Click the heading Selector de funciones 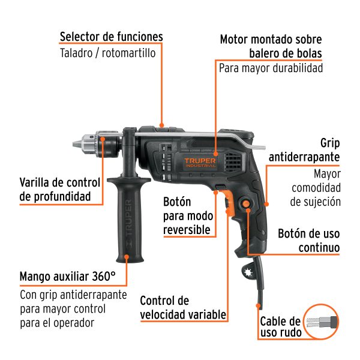(x=111, y=37)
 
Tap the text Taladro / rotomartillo (x=107, y=53)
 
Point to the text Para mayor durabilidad (x=271, y=68)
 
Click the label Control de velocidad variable (x=183, y=307)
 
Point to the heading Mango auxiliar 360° (x=67, y=277)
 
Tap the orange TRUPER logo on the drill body (x=200, y=163)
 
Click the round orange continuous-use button (x=247, y=205)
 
